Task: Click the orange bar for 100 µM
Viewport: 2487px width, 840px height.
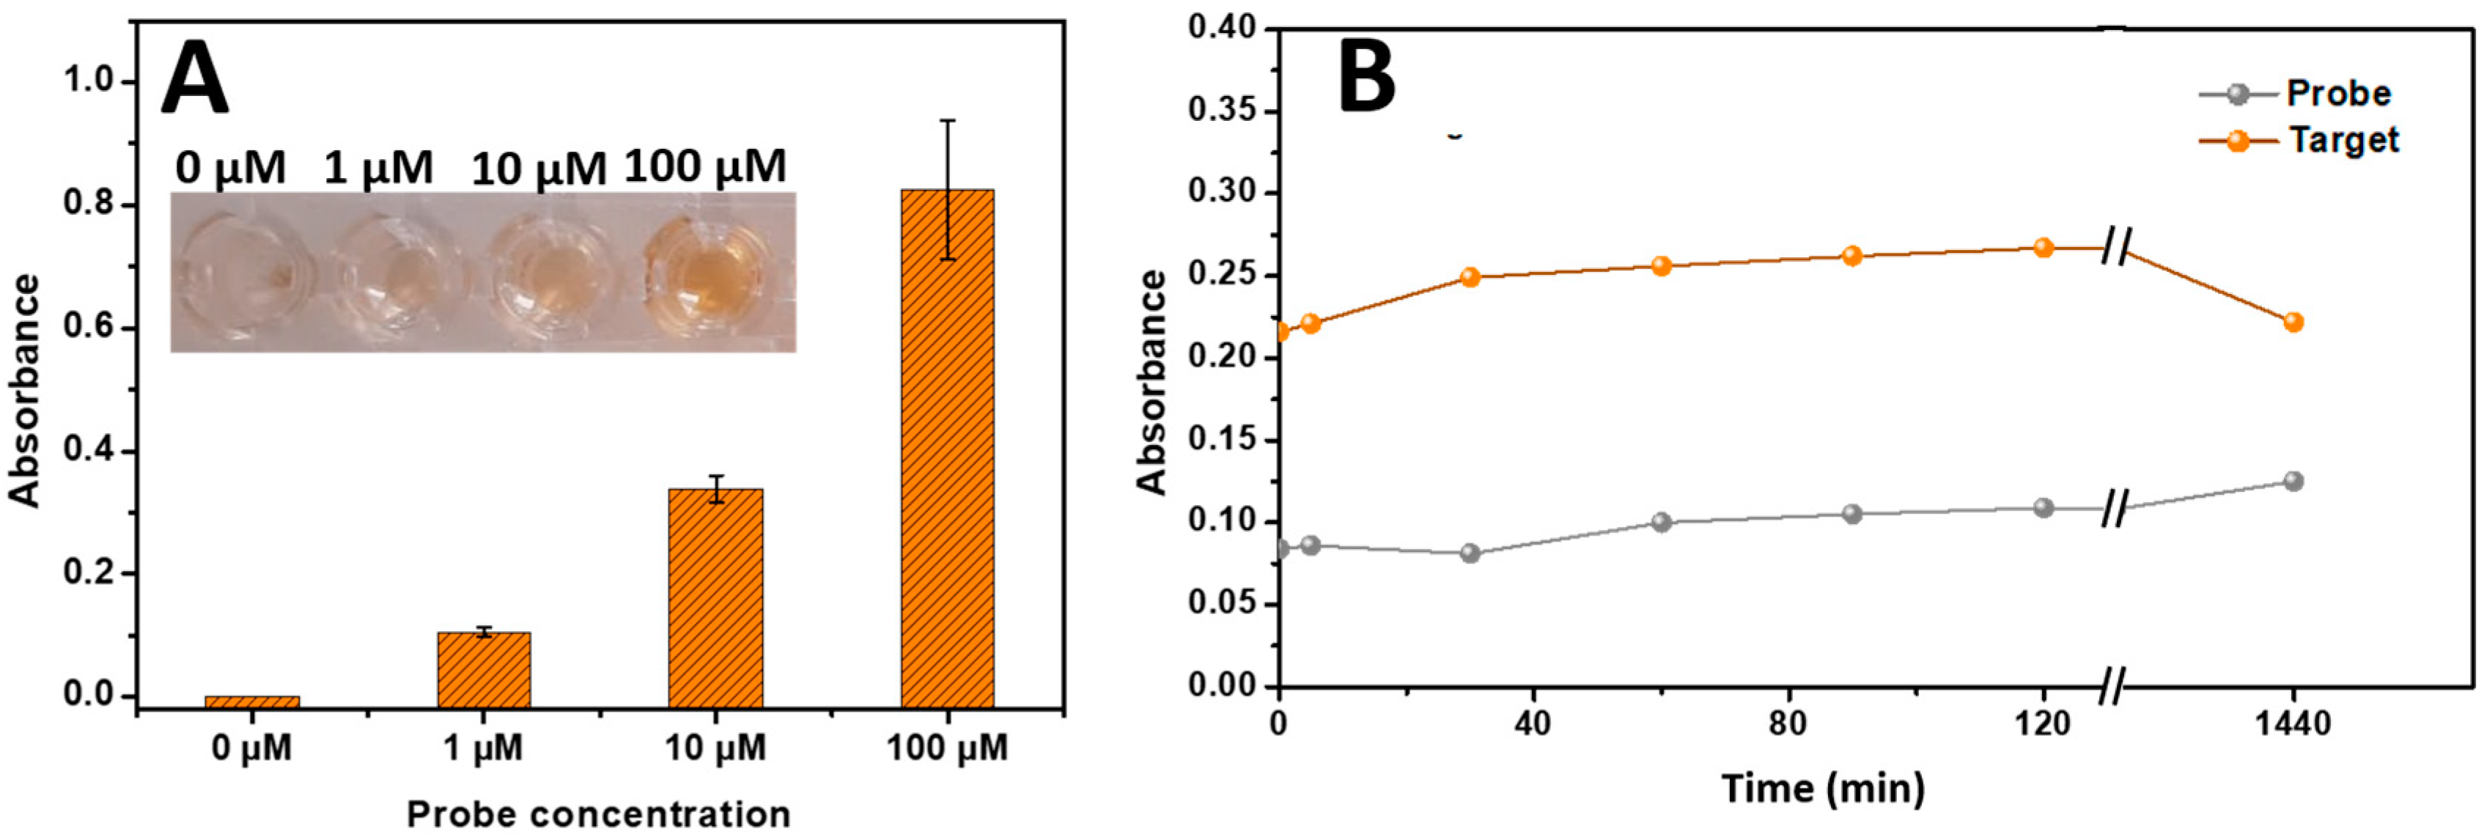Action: (x=947, y=449)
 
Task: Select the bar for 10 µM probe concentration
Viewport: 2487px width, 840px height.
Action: (x=715, y=599)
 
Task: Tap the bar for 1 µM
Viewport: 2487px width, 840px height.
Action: (x=484, y=670)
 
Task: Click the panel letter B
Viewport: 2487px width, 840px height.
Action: (x=1366, y=77)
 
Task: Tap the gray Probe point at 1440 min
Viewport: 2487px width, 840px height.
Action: (x=2293, y=481)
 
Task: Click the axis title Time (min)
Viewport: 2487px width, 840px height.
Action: (x=1823, y=789)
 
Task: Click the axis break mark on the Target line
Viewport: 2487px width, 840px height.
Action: (x=2115, y=248)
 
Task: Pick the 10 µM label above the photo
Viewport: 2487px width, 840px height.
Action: (x=538, y=171)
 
